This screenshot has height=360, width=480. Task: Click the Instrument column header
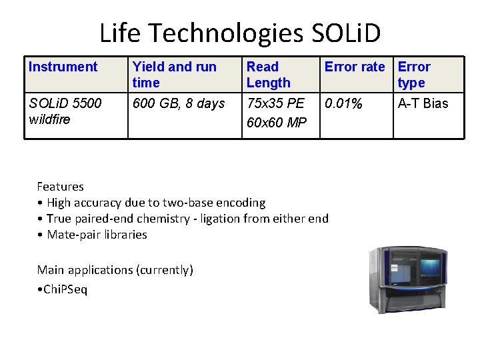(63, 67)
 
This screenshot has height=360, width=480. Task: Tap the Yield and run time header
(174, 75)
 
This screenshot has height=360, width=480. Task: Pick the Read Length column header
(268, 75)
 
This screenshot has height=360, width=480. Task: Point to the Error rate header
(355, 67)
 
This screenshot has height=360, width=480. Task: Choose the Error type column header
(414, 75)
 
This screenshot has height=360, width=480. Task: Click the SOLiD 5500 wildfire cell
(65, 111)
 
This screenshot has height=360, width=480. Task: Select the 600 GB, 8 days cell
(179, 103)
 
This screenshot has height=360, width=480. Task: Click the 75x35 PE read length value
(275, 103)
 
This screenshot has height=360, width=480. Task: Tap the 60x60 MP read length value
(276, 123)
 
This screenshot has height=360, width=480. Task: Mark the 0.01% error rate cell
(343, 103)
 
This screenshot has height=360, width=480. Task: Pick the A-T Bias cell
(423, 103)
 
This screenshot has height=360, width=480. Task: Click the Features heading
(60, 187)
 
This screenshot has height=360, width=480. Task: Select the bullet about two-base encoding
(151, 203)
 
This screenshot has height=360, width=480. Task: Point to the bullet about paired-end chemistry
(183, 219)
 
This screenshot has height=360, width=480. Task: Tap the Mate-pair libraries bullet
(93, 235)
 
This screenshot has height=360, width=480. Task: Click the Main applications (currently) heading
(115, 270)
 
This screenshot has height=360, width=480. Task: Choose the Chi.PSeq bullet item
(63, 289)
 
